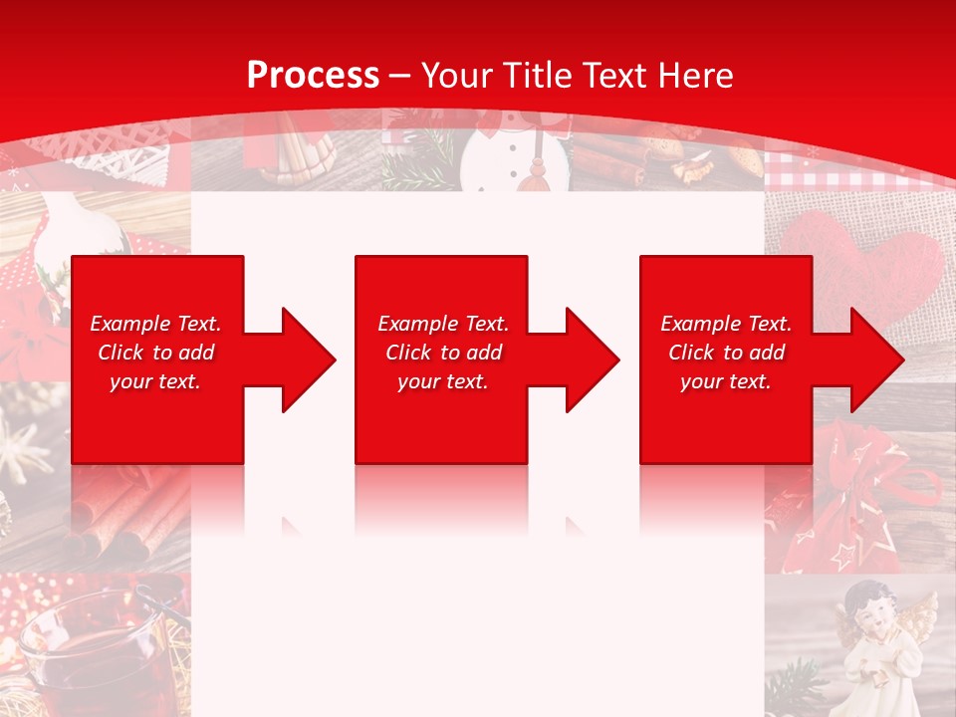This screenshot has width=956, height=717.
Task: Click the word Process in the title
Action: click(x=313, y=76)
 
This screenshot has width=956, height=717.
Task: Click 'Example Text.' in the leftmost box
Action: click(x=155, y=324)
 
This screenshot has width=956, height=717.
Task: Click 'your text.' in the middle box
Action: click(x=442, y=381)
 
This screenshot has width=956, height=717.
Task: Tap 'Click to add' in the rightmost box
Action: click(x=726, y=353)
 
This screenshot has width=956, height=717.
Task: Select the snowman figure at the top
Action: click(x=514, y=149)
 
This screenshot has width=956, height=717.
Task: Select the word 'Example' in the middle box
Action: click(x=414, y=324)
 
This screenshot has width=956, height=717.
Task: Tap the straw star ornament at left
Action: click(x=25, y=448)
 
